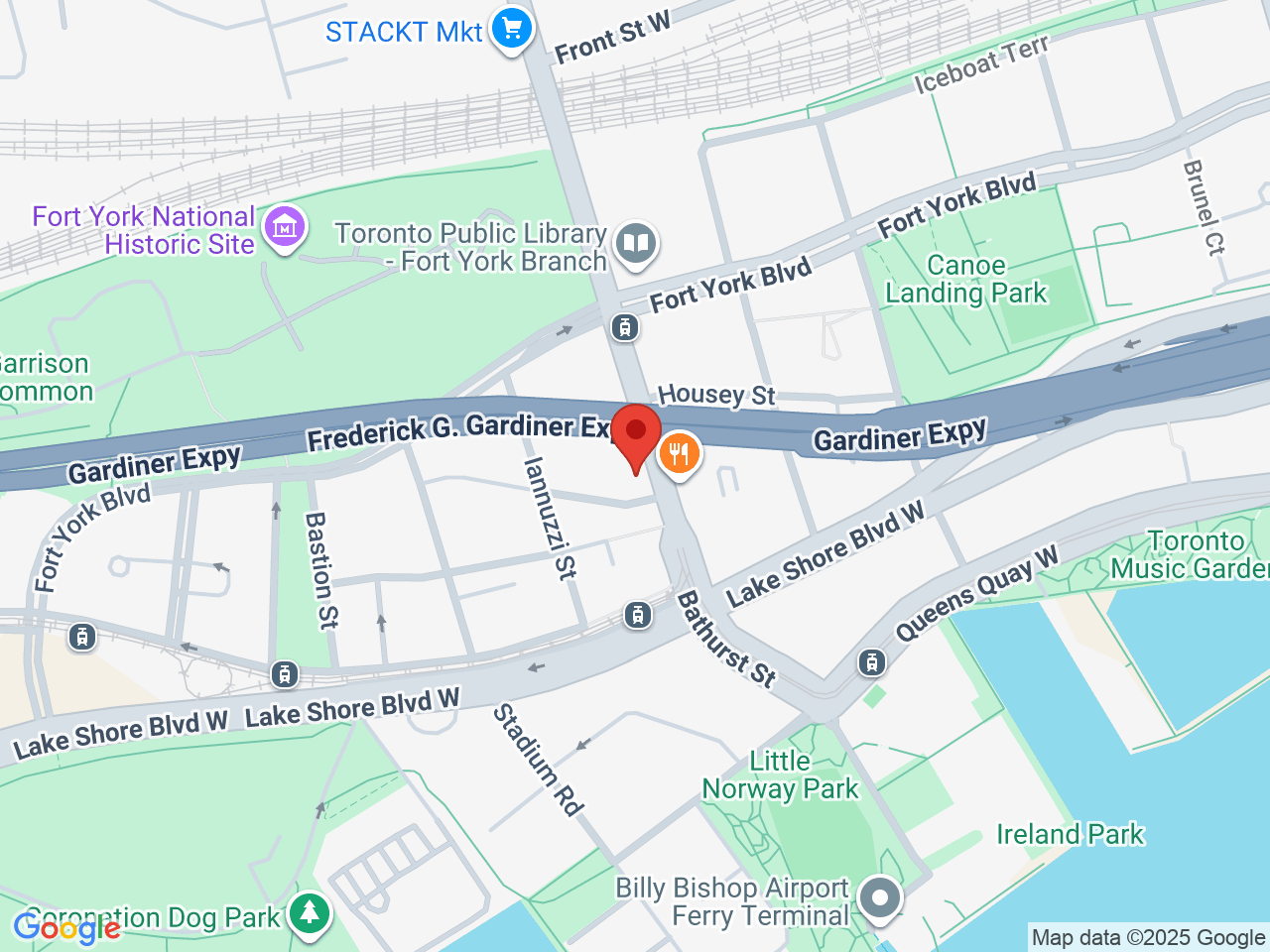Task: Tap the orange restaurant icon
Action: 679,455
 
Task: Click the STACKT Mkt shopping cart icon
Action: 512,29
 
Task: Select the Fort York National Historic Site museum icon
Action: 286,228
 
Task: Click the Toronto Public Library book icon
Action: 636,243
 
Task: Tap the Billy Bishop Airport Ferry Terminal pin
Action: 879,898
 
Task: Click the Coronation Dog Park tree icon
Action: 310,911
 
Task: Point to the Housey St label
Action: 716,395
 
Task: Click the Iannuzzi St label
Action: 549,518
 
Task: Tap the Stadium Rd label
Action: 538,760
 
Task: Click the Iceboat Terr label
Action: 980,65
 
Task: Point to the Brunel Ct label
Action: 1204,207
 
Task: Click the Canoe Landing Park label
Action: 965,280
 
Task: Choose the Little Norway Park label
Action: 780,774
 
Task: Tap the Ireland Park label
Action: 1070,834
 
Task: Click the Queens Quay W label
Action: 976,594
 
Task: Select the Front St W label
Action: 612,38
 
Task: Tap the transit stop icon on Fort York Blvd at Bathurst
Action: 624,326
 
